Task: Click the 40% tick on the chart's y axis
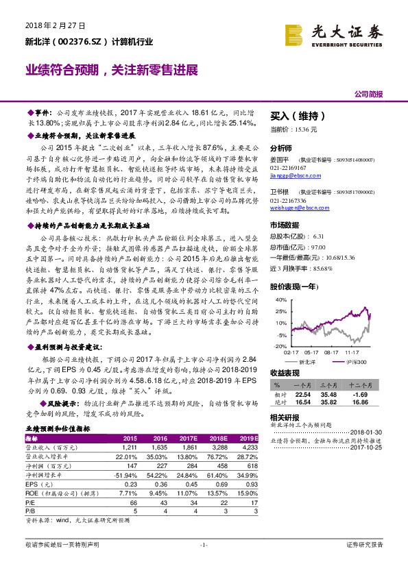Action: (281, 300)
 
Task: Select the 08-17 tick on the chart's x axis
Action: (333, 353)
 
